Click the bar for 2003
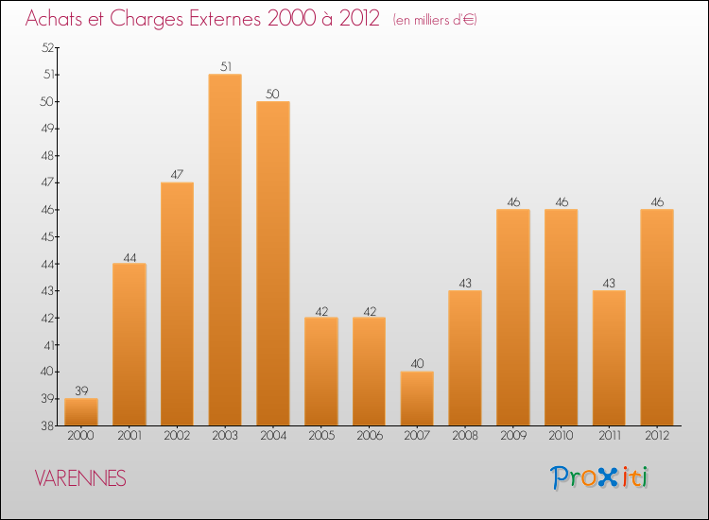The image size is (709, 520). pyautogui.click(x=225, y=250)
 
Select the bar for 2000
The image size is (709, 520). pyautogui.click(x=81, y=411)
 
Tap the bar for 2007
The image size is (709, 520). pyautogui.click(x=417, y=398)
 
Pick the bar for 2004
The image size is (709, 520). pyautogui.click(x=273, y=263)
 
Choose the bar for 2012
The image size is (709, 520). pyautogui.click(x=657, y=317)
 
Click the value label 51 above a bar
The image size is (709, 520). pyautogui.click(x=225, y=66)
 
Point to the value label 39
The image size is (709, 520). pyautogui.click(x=81, y=390)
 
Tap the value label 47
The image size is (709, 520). pyautogui.click(x=177, y=175)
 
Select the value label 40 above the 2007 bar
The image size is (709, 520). pyautogui.click(x=417, y=363)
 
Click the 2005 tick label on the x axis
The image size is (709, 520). pyautogui.click(x=321, y=435)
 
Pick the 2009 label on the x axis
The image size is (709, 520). pyautogui.click(x=513, y=435)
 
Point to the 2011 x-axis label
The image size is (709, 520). pyautogui.click(x=609, y=435)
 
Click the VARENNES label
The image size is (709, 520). pyautogui.click(x=80, y=478)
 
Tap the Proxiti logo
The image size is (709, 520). pyautogui.click(x=599, y=477)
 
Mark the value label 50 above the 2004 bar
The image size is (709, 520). pyautogui.click(x=273, y=94)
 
